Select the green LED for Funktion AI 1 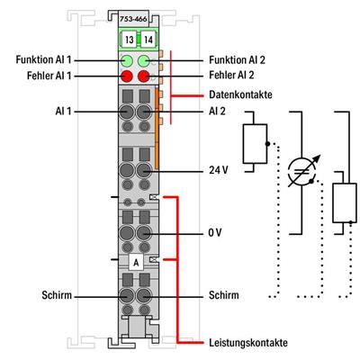pyautogui.click(x=127, y=61)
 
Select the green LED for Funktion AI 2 pyautogui.click(x=142, y=61)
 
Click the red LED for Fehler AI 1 pyautogui.click(x=127, y=78)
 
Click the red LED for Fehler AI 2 pyautogui.click(x=142, y=78)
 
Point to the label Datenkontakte pyautogui.click(x=238, y=94)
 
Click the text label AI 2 pyautogui.click(x=217, y=111)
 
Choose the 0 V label pyautogui.click(x=214, y=232)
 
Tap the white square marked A pyautogui.click(x=135, y=262)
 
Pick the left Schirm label pyautogui.click(x=58, y=294)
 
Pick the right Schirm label pyautogui.click(x=222, y=294)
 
